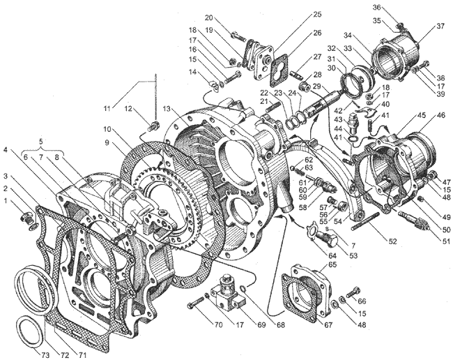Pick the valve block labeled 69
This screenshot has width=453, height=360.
point(225,290)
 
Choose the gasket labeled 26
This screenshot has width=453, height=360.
point(282,72)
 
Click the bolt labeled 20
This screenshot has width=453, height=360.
point(238,37)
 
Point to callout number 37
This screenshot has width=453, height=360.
point(440,27)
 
